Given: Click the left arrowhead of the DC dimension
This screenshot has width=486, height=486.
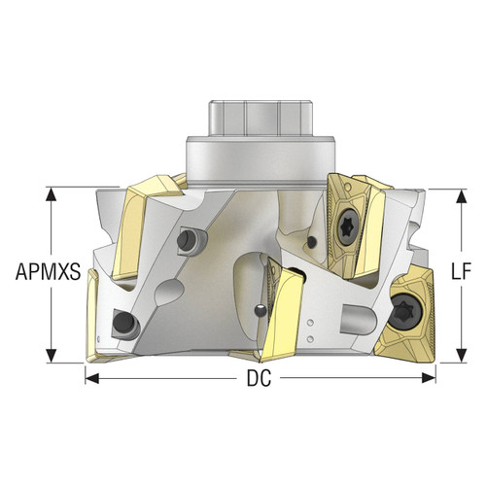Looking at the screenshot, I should tap(91, 376).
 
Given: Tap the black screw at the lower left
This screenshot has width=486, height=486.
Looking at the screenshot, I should tap(123, 320).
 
